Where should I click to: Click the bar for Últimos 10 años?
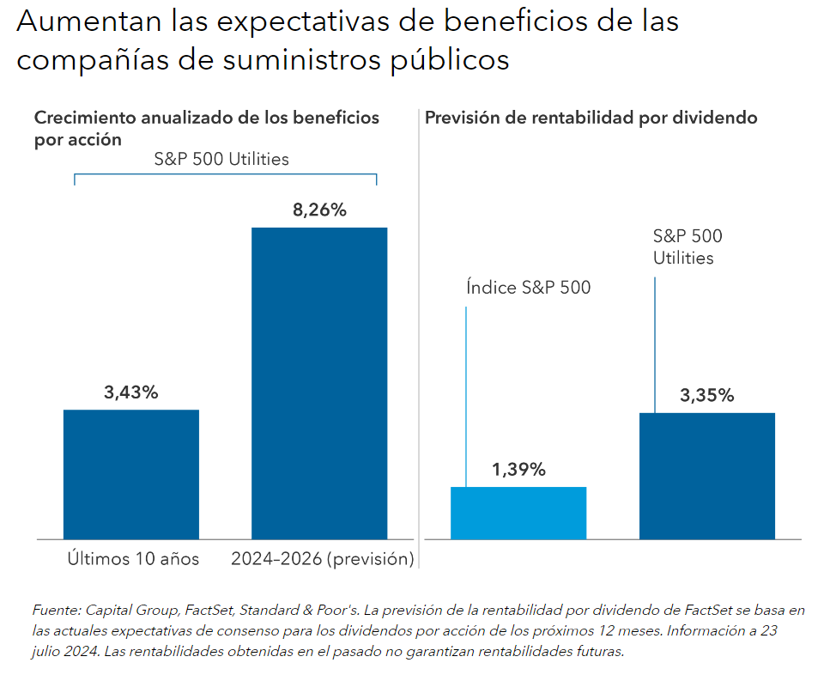(x=131, y=474)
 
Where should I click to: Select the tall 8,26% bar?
(x=318, y=383)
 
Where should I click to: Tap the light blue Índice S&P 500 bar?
(x=518, y=513)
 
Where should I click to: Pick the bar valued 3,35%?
(x=707, y=476)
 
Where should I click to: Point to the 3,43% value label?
(x=131, y=392)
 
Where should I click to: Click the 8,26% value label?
(x=318, y=210)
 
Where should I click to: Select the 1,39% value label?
(x=518, y=470)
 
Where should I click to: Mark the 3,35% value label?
(x=707, y=396)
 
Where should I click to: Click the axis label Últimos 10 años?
(x=133, y=559)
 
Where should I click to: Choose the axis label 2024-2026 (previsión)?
(x=323, y=559)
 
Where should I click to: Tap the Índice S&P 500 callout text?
(x=529, y=288)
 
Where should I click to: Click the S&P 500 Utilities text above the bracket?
(x=221, y=159)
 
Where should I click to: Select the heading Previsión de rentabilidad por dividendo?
(x=591, y=119)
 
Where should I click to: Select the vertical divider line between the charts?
(x=418, y=335)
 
